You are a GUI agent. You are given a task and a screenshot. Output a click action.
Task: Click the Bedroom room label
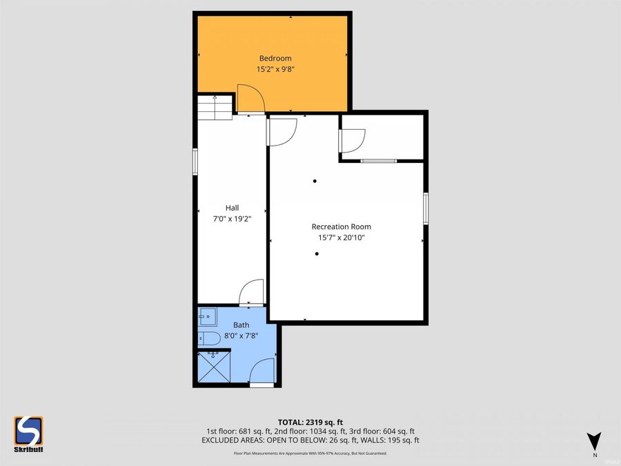pyautogui.click(x=275, y=58)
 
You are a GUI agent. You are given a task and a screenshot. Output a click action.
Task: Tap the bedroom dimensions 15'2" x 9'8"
pyautogui.click(x=275, y=69)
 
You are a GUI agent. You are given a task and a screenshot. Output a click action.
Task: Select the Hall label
pyautogui.click(x=232, y=207)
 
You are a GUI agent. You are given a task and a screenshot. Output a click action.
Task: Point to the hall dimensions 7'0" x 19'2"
pyautogui.click(x=232, y=218)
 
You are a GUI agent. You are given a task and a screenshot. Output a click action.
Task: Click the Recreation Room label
pyautogui.click(x=341, y=226)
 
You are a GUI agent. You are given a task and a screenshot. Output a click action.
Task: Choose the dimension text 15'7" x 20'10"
pyautogui.click(x=341, y=237)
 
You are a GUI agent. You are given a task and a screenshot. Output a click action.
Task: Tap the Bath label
pyautogui.click(x=241, y=324)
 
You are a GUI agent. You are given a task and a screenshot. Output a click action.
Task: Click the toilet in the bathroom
pyautogui.click(x=208, y=338)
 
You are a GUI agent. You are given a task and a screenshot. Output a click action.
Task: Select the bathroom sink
pyautogui.click(x=207, y=318)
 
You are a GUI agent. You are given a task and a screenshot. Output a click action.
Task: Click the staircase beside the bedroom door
pyautogui.click(x=215, y=107)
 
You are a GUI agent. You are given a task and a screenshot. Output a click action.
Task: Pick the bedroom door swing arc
pyautogui.click(x=250, y=98)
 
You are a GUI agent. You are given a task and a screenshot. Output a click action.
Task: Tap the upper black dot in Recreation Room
pyautogui.click(x=315, y=181)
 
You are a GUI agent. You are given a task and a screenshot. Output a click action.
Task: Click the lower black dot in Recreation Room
pyautogui.click(x=317, y=253)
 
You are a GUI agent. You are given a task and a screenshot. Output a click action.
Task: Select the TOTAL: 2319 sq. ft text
pyautogui.click(x=310, y=421)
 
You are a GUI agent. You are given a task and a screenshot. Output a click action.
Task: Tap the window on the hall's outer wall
pyautogui.click(x=195, y=162)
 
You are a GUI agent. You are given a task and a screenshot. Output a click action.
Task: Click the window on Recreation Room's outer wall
pyautogui.click(x=426, y=208)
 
